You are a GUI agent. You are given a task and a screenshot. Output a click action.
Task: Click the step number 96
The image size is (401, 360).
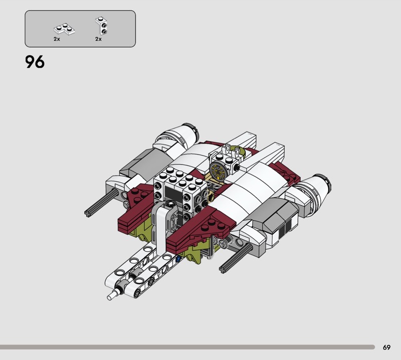tap(35, 62)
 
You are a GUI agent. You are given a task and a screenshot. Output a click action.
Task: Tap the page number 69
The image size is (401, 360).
tap(386, 347)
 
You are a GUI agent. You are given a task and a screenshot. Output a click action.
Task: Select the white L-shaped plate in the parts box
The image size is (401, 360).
tap(64, 29)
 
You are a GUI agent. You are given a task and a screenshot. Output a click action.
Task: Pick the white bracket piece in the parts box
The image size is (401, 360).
tap(101, 26)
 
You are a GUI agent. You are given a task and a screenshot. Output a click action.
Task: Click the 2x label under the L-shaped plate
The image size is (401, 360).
tap(57, 39)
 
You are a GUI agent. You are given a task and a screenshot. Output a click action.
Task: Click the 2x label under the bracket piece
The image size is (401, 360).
tap(98, 39)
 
